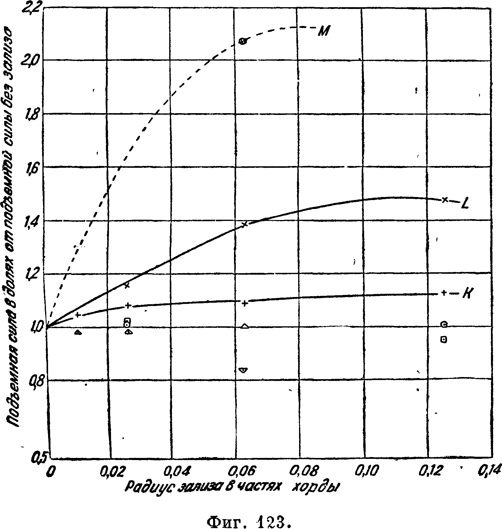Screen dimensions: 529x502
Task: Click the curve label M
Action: click(x=323, y=31)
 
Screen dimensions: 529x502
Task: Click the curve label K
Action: click(x=467, y=294)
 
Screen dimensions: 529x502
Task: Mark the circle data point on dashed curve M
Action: click(x=243, y=41)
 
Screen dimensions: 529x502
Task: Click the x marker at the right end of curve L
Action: click(x=445, y=199)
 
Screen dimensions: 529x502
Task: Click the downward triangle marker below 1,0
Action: click(x=244, y=370)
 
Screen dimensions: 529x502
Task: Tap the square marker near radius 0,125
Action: click(x=444, y=339)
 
